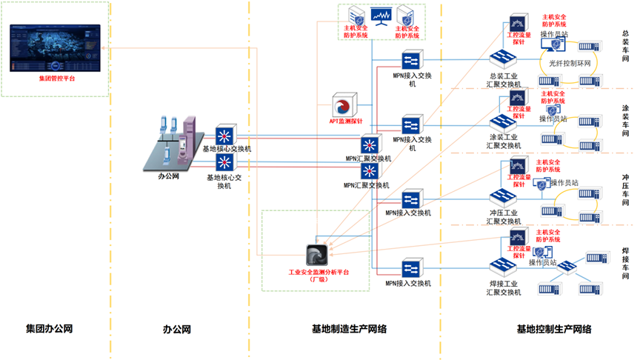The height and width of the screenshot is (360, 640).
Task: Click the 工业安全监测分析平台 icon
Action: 319,256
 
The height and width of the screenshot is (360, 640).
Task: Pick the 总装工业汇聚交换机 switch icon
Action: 507,58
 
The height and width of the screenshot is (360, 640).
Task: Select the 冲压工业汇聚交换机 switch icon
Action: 507,199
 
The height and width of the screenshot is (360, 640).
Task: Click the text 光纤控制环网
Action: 570,64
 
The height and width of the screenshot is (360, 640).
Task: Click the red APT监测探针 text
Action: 345,121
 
